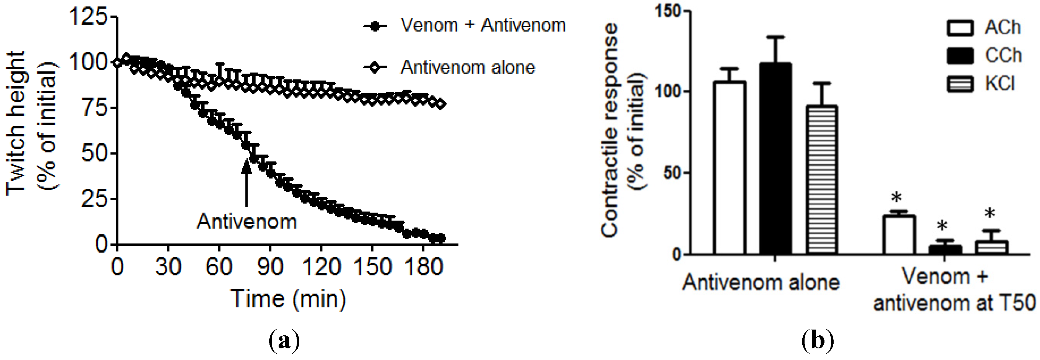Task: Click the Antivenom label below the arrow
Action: (x=247, y=222)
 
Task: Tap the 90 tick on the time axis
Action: (x=270, y=267)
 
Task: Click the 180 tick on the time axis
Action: (x=424, y=267)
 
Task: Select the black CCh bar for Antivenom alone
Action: (x=775, y=158)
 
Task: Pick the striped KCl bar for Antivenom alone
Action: (x=821, y=180)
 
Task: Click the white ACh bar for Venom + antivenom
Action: (x=898, y=235)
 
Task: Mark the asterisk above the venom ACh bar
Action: (x=896, y=198)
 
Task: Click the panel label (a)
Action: (x=284, y=341)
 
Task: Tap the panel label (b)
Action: (x=817, y=341)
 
